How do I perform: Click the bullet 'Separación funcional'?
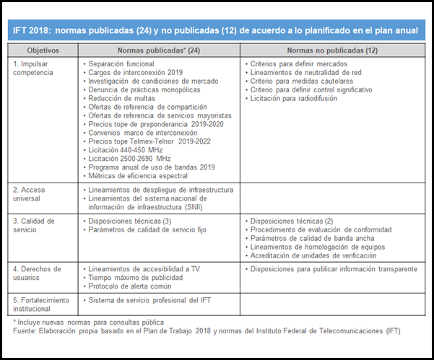[x=118, y=64]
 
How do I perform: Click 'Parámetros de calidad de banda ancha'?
[x=314, y=239]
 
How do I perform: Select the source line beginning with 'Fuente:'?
[x=206, y=330]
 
